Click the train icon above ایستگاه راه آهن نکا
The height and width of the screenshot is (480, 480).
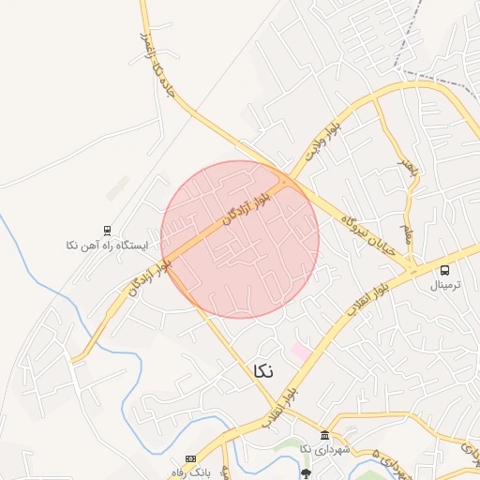[x=108, y=230]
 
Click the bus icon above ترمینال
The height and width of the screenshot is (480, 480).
[x=444, y=270]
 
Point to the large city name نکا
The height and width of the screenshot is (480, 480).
[x=264, y=370]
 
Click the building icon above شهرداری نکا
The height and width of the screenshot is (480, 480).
[x=324, y=436]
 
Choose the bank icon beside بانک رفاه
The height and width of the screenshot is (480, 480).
[x=191, y=458]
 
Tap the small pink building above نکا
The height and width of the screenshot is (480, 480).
[x=299, y=350]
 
